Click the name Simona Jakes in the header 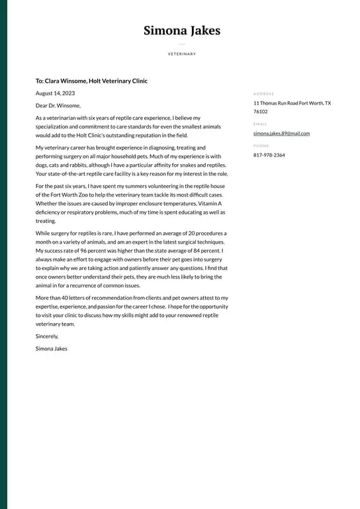(181, 30)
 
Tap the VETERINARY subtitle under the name (181, 54)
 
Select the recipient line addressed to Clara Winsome (91, 81)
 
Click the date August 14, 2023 (55, 93)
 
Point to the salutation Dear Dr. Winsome (58, 105)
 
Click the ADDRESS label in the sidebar (263, 94)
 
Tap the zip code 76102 (261, 111)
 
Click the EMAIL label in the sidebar (260, 124)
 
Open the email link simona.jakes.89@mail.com (281, 133)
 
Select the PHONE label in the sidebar (261, 146)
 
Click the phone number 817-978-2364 (269, 155)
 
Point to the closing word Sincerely (47, 336)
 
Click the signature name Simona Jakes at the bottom (52, 348)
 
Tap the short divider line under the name (181, 44)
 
